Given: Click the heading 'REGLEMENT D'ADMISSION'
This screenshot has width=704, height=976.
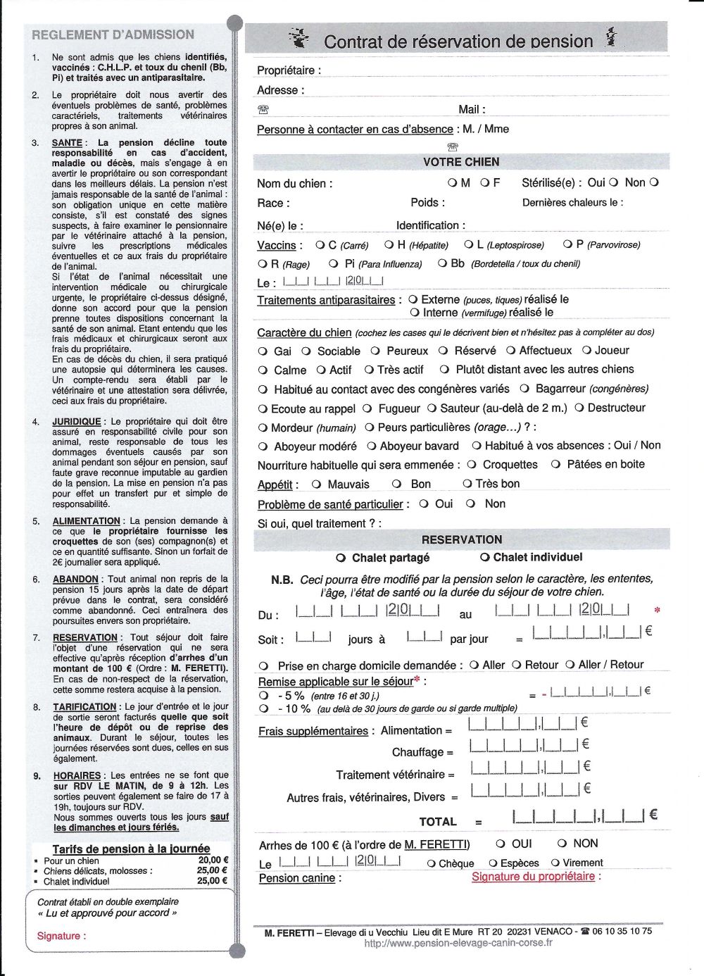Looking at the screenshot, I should [113, 35].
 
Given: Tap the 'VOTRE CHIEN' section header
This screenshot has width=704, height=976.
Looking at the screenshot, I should [461, 162].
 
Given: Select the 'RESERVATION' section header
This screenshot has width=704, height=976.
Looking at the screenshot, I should [462, 539].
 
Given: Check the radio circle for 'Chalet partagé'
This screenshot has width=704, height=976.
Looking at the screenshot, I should [341, 558].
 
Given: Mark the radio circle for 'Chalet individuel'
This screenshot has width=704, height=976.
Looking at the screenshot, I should [484, 557].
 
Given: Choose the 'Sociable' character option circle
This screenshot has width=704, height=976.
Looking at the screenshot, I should [306, 351].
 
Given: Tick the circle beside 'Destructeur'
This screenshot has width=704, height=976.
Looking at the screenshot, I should [579, 408].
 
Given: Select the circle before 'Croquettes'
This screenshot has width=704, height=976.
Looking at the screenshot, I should [472, 465].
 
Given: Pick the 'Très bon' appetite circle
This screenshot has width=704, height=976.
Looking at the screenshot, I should [467, 484].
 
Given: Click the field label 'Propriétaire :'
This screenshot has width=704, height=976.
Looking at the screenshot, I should [289, 70].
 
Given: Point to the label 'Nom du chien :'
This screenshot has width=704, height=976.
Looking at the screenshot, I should [294, 184].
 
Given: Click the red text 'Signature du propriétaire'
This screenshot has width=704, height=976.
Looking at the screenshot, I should [533, 877].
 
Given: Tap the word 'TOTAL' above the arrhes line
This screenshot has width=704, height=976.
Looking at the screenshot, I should [438, 822].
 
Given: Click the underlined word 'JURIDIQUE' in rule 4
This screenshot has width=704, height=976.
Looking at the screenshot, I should [76, 422].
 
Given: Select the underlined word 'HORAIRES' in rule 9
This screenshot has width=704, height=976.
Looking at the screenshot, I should [77, 776].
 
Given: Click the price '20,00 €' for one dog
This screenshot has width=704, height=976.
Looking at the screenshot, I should [213, 860].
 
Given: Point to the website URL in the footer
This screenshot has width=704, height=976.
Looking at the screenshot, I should [458, 943].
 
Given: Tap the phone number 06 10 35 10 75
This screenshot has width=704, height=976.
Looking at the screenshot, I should [622, 931].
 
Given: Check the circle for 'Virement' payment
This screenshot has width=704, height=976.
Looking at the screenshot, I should [555, 863].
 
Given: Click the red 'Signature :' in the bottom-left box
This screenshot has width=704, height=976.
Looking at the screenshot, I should [61, 936].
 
